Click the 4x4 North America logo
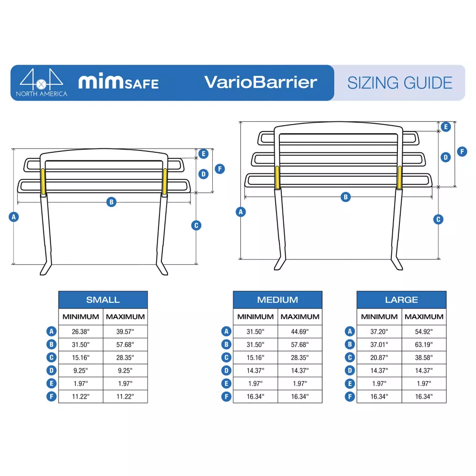(41, 82)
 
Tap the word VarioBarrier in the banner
(260, 82)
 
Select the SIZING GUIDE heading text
(399, 83)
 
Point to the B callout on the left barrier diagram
(111, 202)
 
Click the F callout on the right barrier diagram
(462, 151)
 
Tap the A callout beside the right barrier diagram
(241, 212)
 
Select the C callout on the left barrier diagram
(196, 225)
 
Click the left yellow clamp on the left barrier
(43, 181)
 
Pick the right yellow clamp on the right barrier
(399, 177)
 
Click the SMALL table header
(103, 299)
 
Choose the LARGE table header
(401, 299)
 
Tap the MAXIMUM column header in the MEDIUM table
(300, 317)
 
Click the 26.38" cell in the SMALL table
(81, 331)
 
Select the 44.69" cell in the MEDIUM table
(300, 331)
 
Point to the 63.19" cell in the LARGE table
(424, 345)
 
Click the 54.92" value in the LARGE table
(424, 331)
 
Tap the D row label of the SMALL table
(51, 370)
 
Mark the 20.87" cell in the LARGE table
(379, 357)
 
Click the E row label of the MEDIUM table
(226, 383)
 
